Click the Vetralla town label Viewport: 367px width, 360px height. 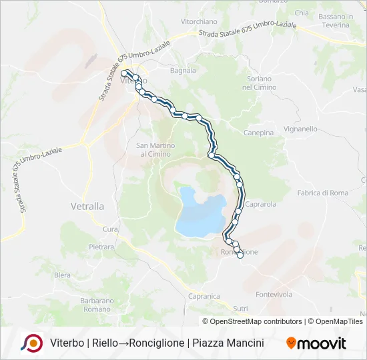click(87, 207)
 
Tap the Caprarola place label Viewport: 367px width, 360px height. click(260, 204)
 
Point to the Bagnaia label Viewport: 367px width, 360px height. click(183, 70)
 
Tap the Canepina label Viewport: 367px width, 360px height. click(259, 133)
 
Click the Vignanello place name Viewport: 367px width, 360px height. click(300, 129)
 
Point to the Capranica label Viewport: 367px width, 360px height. click(204, 296)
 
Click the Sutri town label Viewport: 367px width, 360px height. click(240, 308)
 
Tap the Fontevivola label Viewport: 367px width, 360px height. click(274, 294)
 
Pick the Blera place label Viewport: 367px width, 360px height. click(62, 275)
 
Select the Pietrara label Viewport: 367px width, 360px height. click(101, 247)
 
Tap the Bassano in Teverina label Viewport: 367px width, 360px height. click(334, 21)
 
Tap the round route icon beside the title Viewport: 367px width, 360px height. click(31, 343)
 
